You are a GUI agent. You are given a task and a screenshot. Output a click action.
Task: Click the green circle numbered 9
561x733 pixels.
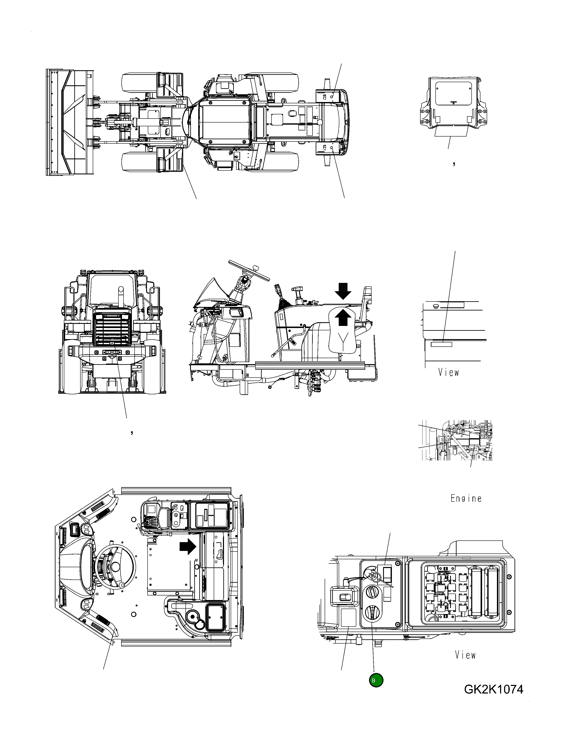(x=376, y=680)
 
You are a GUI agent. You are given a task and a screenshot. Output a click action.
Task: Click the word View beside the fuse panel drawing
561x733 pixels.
(x=465, y=655)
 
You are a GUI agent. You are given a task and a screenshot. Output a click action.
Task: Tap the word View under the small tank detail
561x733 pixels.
(x=448, y=373)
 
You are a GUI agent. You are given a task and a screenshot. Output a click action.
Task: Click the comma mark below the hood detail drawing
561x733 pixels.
(x=454, y=163)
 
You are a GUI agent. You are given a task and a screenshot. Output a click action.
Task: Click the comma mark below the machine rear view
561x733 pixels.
(x=132, y=433)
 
